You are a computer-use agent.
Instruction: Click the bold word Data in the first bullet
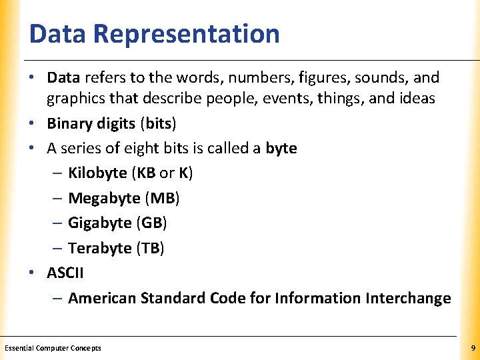click(x=63, y=79)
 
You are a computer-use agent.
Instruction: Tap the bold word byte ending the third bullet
click(x=281, y=148)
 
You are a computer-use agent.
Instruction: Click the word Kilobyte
click(x=97, y=173)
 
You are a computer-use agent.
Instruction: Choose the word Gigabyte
click(x=100, y=223)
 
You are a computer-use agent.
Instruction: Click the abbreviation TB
click(x=150, y=248)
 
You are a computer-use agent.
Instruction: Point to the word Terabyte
click(x=100, y=248)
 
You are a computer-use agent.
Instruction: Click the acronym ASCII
click(x=65, y=273)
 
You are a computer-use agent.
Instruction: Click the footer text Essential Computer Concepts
click(x=53, y=348)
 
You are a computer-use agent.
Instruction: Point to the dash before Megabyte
click(x=57, y=198)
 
